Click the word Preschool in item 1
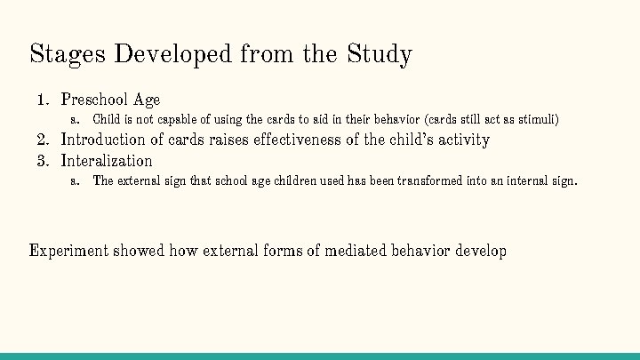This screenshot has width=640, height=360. click(94, 100)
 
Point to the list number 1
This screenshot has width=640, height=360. click(41, 100)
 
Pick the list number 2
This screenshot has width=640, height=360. click(41, 140)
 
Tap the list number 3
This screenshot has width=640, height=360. click(41, 161)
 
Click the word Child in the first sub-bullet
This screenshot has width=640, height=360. click(107, 119)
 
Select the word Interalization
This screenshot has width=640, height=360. click(107, 161)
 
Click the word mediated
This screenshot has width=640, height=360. click(356, 251)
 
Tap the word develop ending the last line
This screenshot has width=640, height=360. click(481, 251)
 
